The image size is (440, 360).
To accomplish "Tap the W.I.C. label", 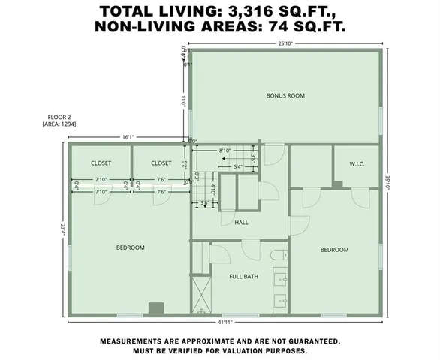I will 357,163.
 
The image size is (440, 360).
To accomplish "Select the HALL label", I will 241,222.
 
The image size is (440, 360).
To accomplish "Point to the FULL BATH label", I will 243,276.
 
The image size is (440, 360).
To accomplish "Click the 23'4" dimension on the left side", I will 62,230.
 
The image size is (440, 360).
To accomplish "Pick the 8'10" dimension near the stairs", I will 225,151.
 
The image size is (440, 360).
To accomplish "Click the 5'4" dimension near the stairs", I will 237,166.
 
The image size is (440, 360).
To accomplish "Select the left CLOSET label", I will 101,163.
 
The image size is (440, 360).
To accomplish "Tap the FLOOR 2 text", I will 54,117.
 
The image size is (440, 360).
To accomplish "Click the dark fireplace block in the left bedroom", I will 156,307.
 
